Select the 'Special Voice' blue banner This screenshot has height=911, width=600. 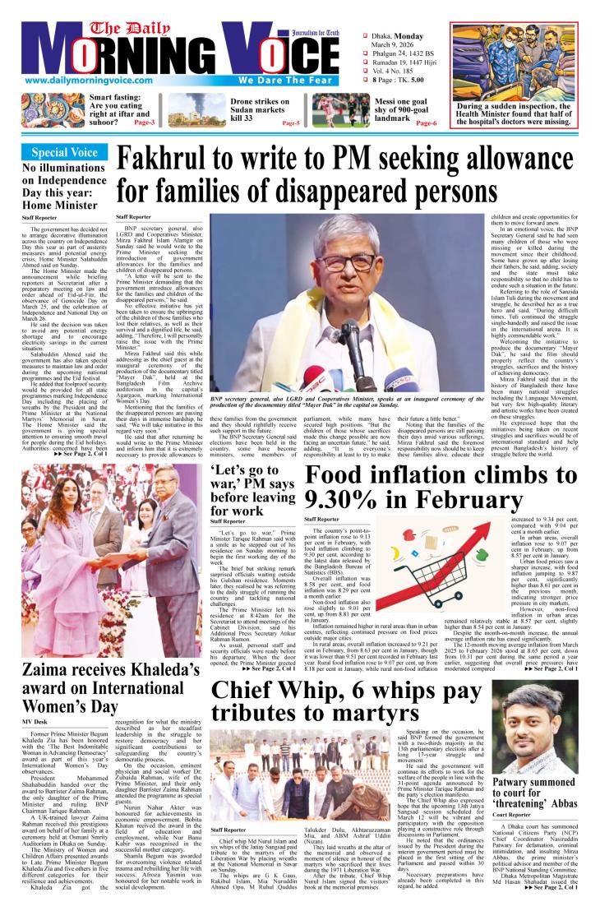click(64, 152)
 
